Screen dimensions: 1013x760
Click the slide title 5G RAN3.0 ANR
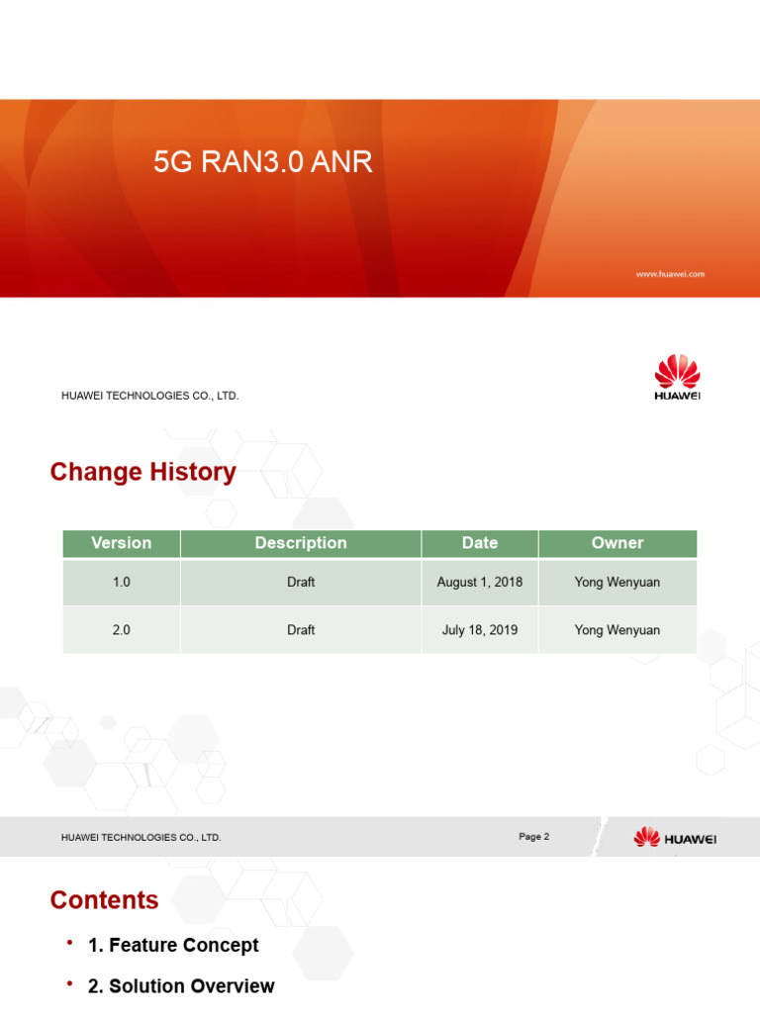click(263, 163)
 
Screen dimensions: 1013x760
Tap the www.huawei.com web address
click(670, 274)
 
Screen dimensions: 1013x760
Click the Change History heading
click(142, 473)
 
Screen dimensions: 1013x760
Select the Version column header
click(121, 543)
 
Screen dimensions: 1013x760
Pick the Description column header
click(301, 543)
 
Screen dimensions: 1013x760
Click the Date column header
click(480, 543)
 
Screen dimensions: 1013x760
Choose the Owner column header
click(617, 543)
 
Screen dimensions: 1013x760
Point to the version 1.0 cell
click(121, 583)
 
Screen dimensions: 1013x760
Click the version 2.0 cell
click(121, 630)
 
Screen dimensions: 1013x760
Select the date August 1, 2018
click(480, 583)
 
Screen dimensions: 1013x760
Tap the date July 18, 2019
click(480, 630)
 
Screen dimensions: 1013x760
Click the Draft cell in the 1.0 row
click(301, 583)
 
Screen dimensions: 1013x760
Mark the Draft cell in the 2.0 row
click(301, 630)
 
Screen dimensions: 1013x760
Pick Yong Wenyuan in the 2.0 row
click(617, 630)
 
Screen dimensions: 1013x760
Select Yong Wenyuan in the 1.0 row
click(617, 583)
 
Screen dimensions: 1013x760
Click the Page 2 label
click(533, 837)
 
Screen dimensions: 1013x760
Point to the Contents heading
click(104, 900)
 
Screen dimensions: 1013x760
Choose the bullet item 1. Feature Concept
click(173, 946)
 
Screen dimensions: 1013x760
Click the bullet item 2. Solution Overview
click(181, 986)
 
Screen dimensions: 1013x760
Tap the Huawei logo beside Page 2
click(675, 839)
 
